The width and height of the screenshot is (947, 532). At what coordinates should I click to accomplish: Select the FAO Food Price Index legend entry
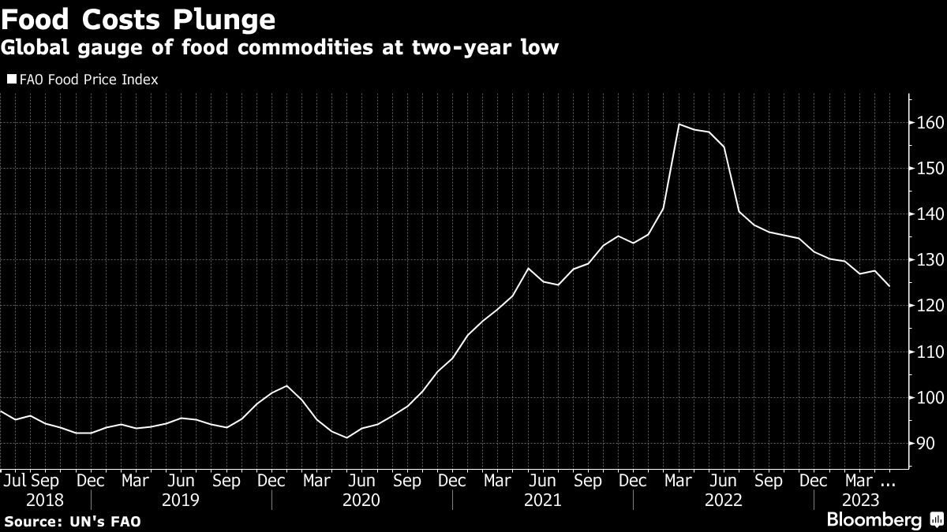point(83,80)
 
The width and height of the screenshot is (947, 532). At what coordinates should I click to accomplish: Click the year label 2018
point(46,499)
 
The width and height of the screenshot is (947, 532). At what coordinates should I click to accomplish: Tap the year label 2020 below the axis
point(362,499)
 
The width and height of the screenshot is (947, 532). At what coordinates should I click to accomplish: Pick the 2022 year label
point(724,499)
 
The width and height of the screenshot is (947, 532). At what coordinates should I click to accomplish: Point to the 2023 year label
point(859,499)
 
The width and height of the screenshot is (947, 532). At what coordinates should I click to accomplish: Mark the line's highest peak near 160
point(679,125)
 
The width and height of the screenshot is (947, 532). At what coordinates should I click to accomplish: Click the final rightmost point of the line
point(889,286)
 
